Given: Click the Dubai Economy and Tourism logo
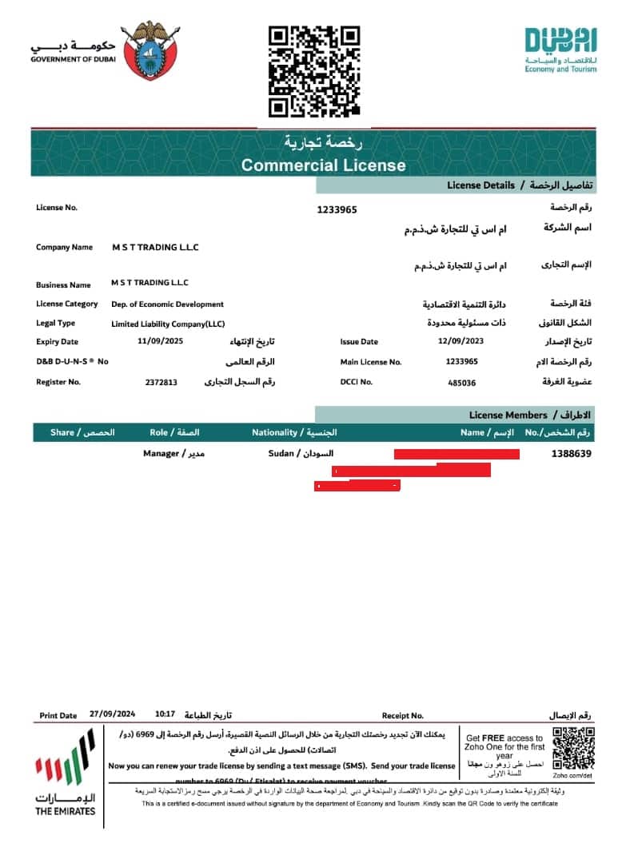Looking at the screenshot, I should click(560, 50).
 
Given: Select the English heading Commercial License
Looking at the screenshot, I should click(324, 165).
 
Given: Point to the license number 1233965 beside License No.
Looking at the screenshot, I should click(337, 209).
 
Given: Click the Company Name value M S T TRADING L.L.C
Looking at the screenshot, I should click(155, 248).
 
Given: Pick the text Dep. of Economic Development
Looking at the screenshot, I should click(167, 304).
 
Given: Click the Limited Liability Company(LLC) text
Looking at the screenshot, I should click(168, 324).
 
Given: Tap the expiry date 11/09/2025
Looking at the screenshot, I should click(161, 341).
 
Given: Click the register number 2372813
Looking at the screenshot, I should click(161, 383).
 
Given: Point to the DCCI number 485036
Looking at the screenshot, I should click(462, 383).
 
